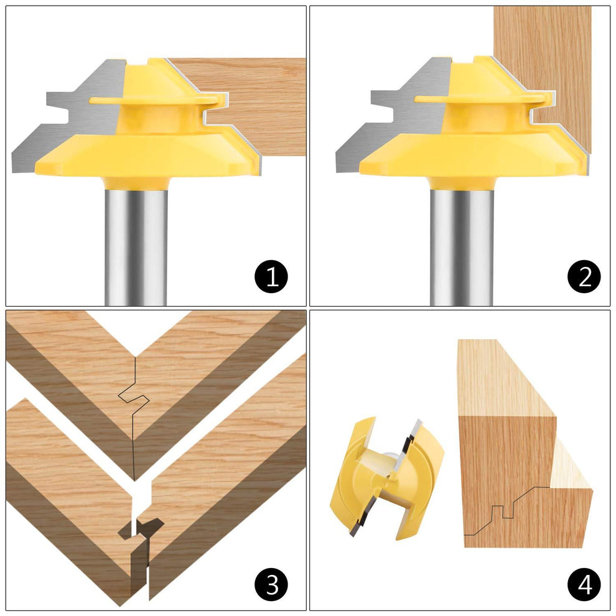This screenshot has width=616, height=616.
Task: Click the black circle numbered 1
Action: [272, 276]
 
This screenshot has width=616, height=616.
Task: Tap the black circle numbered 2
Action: [584, 276]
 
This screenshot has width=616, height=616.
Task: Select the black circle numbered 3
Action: [272, 584]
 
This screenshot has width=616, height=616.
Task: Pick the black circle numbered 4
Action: [584, 584]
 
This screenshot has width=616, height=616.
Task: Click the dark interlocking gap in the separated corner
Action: [141, 529]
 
